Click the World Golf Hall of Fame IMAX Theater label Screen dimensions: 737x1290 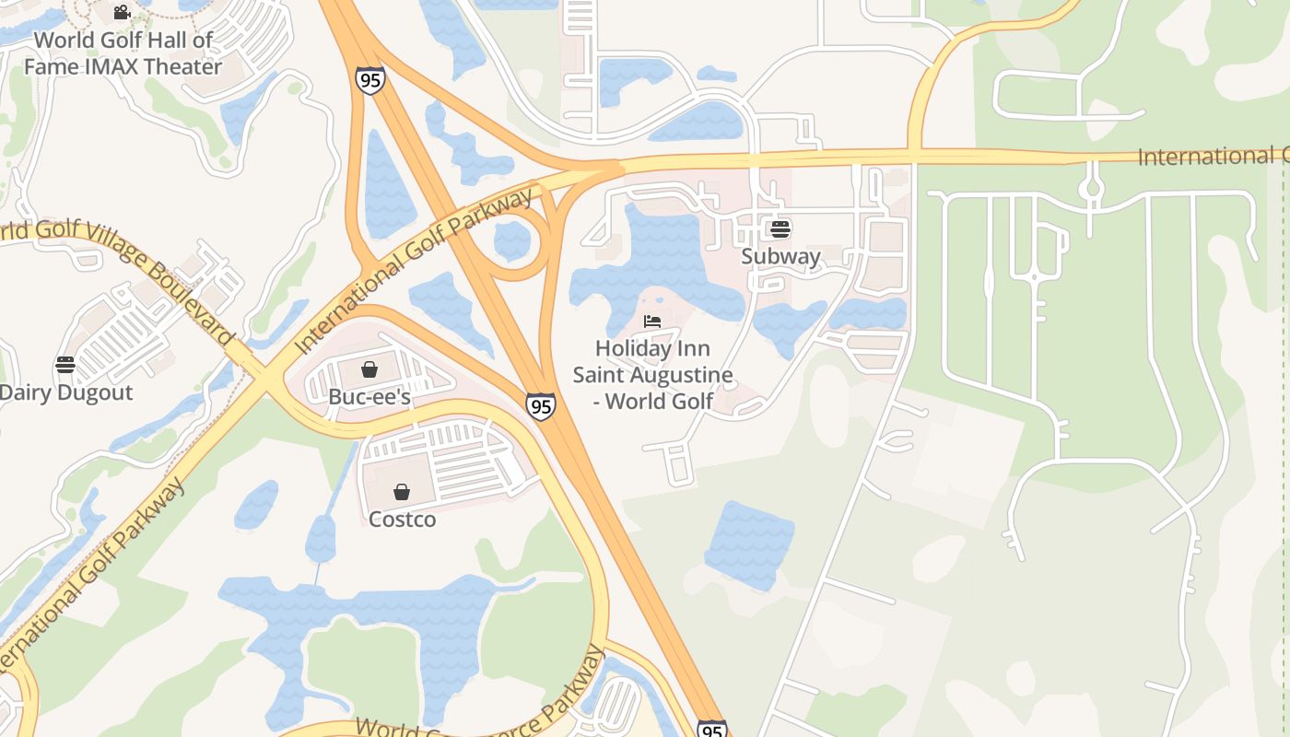pos(123,53)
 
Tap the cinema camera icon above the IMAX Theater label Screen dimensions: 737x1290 pos(122,12)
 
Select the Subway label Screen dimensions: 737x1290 pos(780,257)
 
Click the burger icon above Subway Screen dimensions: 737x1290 pos(780,228)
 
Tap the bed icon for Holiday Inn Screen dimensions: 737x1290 pos(652,322)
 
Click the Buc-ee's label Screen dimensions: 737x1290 pos(369,397)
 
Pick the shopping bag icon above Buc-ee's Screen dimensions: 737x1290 pos(369,369)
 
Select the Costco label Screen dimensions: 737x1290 pos(402,520)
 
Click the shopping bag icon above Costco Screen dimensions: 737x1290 pos(402,492)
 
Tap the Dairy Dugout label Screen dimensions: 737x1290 pos(65,392)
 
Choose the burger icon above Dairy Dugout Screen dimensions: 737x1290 pos(65,365)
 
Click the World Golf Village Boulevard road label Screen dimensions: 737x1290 pos(120,267)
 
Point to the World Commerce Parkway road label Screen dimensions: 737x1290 pos(479,709)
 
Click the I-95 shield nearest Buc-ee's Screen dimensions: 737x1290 pos(541,405)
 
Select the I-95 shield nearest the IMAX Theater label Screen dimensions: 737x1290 pos(369,80)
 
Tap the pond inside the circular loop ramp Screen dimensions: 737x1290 pos(512,241)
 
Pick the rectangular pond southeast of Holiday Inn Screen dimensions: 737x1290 pos(750,545)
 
